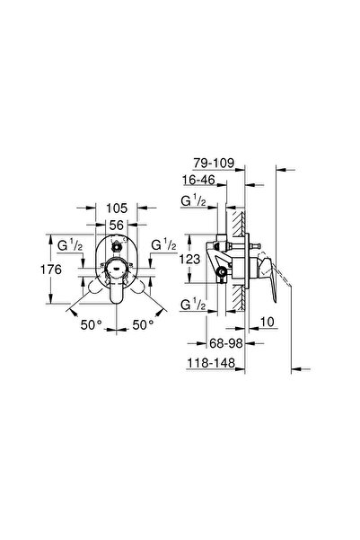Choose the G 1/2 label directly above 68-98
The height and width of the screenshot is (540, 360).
(193, 305)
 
